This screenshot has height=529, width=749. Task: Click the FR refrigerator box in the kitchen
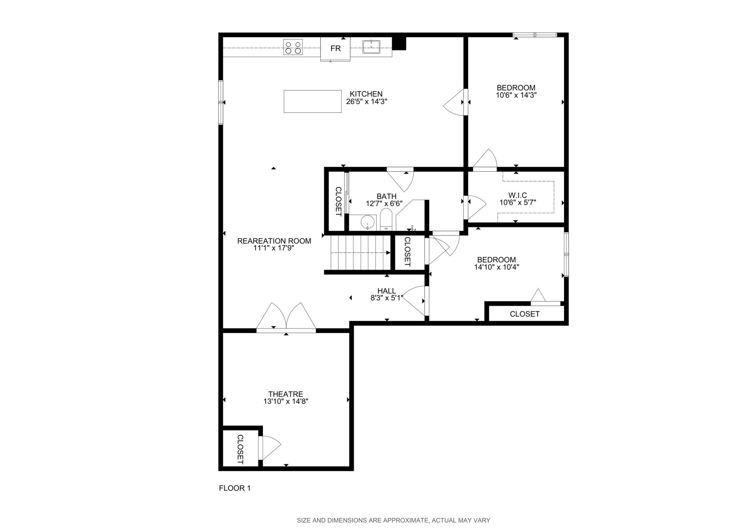pyautogui.click(x=335, y=49)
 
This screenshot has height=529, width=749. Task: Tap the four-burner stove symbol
pyautogui.click(x=293, y=47)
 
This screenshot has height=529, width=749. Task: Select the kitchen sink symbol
pyautogui.click(x=371, y=47)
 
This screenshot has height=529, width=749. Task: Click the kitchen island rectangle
pyautogui.click(x=312, y=101)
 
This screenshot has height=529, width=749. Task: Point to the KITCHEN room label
pyautogui.click(x=366, y=94)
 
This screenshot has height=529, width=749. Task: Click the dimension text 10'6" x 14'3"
pyautogui.click(x=516, y=95)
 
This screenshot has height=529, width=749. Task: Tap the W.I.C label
pyautogui.click(x=517, y=196)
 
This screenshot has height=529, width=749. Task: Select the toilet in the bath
pyautogui.click(x=386, y=220)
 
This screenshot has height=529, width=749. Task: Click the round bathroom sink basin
pyautogui.click(x=367, y=222)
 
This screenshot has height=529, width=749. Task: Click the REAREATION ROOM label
pyautogui.click(x=274, y=241)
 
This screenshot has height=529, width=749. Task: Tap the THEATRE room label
pyautogui.click(x=286, y=394)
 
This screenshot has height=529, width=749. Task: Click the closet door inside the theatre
pyautogui.click(x=268, y=447)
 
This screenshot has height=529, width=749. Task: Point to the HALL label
pyautogui.click(x=387, y=291)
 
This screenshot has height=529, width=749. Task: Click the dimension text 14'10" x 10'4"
pyautogui.click(x=497, y=267)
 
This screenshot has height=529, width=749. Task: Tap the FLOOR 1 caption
pyautogui.click(x=235, y=488)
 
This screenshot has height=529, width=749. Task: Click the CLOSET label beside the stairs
pyautogui.click(x=407, y=252)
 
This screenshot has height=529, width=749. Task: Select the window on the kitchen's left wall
pyautogui.click(x=221, y=102)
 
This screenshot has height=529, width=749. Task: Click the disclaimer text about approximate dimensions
pyautogui.click(x=393, y=520)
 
